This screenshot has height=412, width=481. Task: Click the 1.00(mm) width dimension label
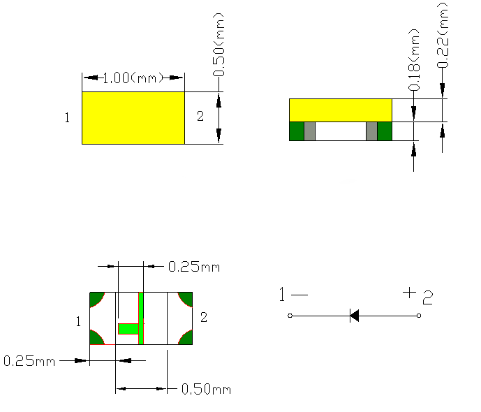[133, 78]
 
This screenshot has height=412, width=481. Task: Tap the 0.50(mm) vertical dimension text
[219, 45]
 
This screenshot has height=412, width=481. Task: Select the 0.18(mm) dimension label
[414, 60]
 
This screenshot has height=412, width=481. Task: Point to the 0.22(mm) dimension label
[443, 34]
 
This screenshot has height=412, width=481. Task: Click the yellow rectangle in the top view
[133, 118]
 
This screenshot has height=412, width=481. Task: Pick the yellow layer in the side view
[341, 110]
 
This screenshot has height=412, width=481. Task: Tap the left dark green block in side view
[297, 131]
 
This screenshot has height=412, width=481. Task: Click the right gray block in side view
[371, 131]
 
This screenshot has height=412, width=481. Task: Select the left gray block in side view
[309, 131]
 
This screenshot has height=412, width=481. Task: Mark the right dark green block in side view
[385, 131]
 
